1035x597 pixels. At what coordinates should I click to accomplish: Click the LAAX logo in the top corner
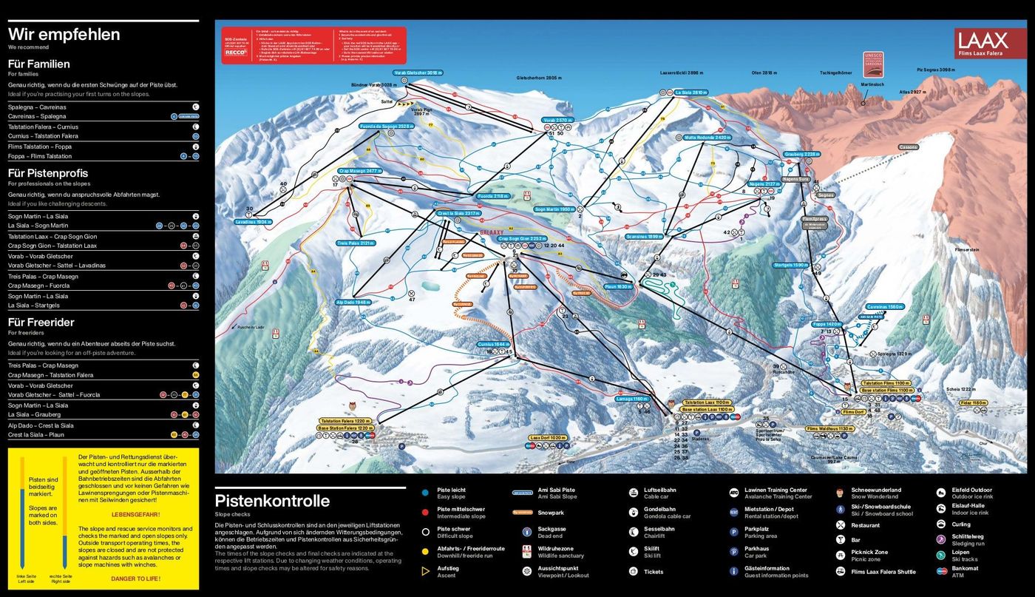[x=990, y=44]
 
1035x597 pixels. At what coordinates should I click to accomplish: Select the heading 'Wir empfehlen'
[x=64, y=35]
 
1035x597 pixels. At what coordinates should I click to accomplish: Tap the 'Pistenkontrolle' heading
[x=271, y=501]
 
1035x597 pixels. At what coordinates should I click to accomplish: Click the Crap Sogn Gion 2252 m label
[x=522, y=239]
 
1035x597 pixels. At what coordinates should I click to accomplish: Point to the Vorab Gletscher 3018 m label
[x=418, y=72]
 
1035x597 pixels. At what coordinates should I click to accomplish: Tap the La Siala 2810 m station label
[x=690, y=92]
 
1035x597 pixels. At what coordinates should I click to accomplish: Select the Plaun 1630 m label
[x=618, y=286]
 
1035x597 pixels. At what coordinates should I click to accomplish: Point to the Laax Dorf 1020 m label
[x=549, y=438]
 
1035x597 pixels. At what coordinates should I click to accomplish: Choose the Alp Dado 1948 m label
[x=353, y=302]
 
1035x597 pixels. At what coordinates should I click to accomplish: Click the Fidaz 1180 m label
[x=974, y=403]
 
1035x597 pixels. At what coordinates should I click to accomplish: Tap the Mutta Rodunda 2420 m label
[x=702, y=138]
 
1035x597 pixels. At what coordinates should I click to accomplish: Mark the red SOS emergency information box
[x=314, y=46]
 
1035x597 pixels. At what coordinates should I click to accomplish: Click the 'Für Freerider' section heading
[x=41, y=323]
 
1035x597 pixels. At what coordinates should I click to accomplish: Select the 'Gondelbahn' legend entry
[x=658, y=509]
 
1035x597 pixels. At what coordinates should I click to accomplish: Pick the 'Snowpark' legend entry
[x=551, y=512]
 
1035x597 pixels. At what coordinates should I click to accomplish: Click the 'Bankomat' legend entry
[x=965, y=568]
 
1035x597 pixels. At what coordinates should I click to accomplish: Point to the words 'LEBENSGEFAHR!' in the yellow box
[x=135, y=513]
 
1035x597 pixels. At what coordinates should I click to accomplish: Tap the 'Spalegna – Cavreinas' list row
[x=37, y=107]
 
